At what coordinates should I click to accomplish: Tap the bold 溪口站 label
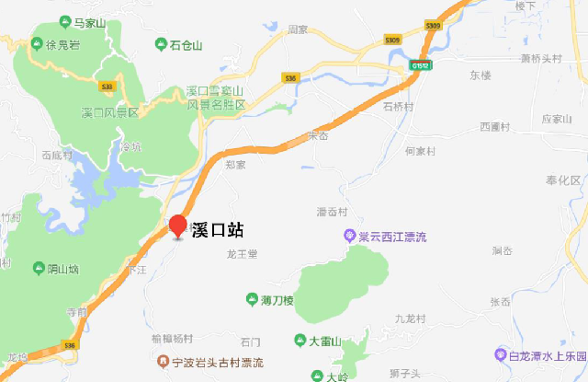217,230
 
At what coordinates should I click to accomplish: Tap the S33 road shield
107,87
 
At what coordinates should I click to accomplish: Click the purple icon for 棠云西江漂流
349,237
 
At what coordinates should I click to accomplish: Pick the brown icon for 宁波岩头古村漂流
163,362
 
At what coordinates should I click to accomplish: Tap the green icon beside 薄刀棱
252,299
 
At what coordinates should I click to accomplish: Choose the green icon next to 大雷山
300,341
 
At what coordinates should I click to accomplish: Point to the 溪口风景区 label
109,112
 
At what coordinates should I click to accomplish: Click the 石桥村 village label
400,106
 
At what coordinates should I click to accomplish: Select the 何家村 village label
424,150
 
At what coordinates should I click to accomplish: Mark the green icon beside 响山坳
38,269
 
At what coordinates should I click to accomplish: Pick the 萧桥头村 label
540,58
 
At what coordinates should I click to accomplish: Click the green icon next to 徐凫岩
38,43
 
